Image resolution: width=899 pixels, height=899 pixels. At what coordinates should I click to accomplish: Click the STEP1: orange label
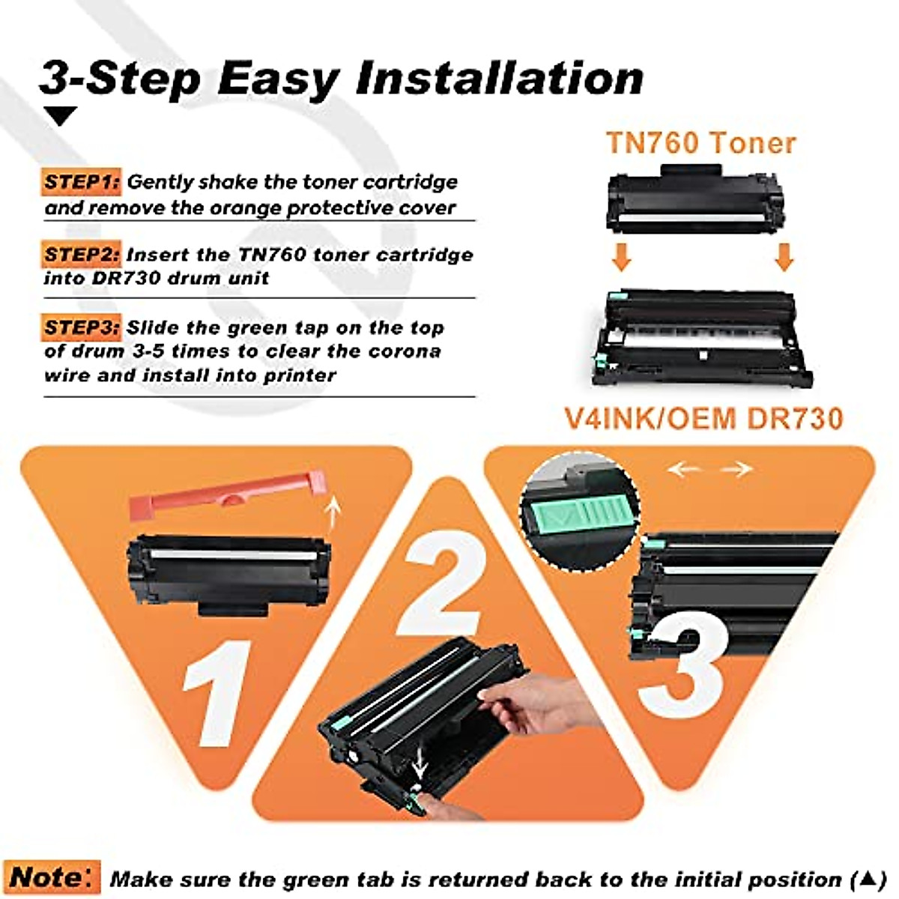81,182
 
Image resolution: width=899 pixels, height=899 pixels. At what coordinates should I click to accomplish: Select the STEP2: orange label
81,255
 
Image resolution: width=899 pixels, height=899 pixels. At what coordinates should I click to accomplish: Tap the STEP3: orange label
81,327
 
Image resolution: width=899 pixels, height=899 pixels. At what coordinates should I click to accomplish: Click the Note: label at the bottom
52,877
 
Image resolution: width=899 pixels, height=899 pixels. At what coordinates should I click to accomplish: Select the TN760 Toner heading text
700,142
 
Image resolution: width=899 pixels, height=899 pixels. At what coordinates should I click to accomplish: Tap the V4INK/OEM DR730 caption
703,418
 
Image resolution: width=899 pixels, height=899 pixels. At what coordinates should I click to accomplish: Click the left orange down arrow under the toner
621,256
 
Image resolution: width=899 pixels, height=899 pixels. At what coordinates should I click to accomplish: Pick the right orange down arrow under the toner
784,256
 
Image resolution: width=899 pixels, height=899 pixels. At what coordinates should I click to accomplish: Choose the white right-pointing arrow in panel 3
736,470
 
